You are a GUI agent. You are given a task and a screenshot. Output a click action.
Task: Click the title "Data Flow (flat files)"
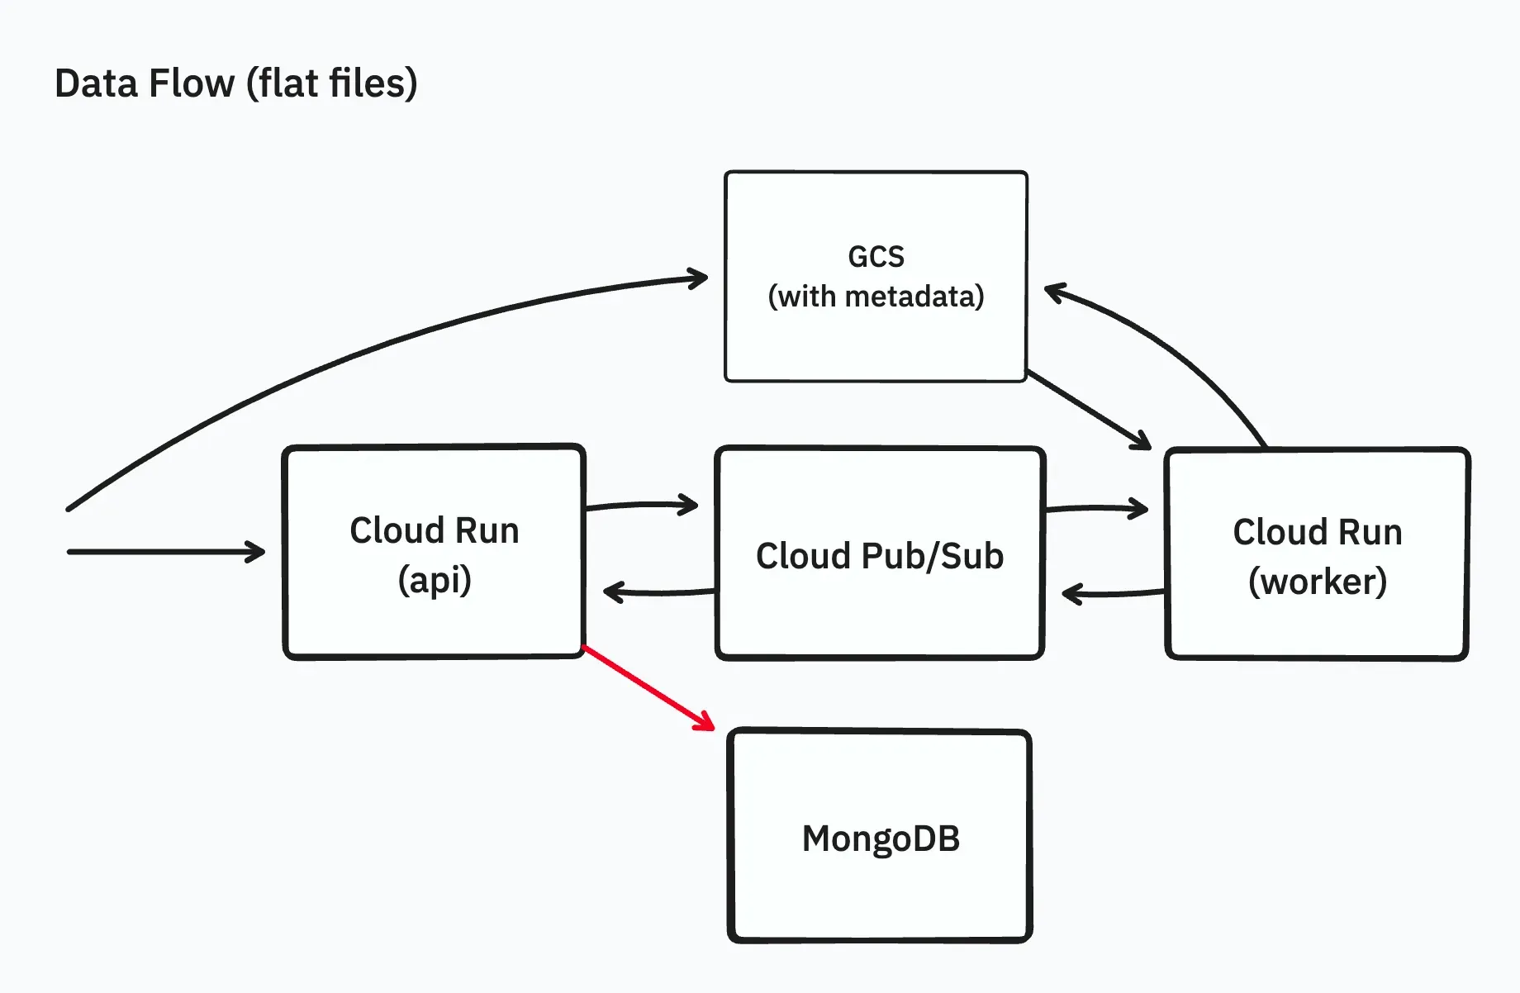235,83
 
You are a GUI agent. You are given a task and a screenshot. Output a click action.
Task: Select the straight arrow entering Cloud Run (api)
165,552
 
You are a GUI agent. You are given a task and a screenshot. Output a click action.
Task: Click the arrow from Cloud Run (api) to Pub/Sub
640,504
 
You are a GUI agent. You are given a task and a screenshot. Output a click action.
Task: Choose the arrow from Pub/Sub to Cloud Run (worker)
1095,508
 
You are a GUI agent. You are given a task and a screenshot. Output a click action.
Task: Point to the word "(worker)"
1317,582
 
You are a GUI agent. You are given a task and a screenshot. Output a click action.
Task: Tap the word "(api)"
435,580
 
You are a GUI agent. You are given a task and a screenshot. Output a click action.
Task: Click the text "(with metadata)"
876,297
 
